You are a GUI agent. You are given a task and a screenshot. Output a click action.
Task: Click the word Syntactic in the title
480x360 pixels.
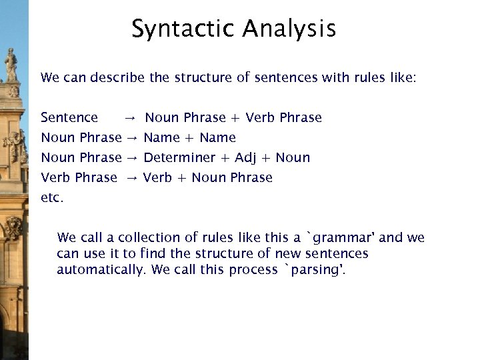pos(183,29)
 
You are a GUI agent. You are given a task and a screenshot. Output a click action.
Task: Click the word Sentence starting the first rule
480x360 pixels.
pos(69,118)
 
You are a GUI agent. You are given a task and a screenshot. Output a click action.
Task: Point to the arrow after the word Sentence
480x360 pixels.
pos(130,119)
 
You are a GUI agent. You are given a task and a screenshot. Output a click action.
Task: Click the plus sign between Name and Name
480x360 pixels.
pos(189,139)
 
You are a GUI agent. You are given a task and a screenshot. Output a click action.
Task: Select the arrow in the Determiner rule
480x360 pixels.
pos(131,159)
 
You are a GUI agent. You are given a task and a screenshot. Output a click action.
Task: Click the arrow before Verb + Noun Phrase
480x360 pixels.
pos(131,179)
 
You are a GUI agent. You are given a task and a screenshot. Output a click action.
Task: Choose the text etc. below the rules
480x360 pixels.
pos(52,198)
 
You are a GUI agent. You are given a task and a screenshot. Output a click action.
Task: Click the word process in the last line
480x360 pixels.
pos(253,270)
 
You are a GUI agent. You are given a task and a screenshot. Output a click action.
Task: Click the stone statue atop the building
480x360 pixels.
pos(11,65)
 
